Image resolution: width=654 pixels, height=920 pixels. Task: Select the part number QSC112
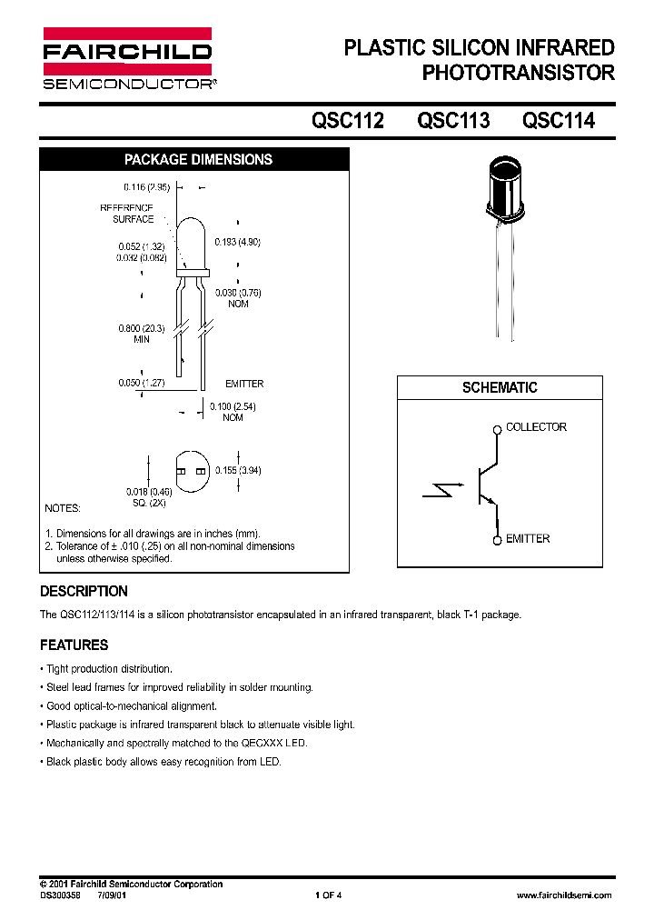pos(348,120)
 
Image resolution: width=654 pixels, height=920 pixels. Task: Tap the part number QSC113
pos(453,120)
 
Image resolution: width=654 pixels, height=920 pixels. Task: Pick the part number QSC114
pos(559,120)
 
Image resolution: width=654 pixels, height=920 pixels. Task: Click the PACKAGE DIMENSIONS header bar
pos(197,159)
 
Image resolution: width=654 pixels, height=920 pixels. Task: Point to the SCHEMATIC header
pos(500,387)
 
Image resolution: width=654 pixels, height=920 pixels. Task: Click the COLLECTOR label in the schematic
pos(536,427)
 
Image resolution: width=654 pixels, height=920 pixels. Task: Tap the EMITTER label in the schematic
pos(528,539)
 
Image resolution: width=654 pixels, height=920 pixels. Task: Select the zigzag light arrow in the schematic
pos(443,492)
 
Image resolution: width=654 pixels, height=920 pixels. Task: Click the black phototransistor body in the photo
pos(506,189)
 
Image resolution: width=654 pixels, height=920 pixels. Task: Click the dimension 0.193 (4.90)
pos(237,242)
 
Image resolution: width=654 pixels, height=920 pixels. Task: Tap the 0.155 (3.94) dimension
pos(238,470)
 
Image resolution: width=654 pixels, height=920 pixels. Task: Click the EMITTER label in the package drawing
pos(244,385)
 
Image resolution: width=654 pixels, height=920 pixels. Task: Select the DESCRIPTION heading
pos(84,591)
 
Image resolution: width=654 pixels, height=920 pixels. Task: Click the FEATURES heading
pos(74,645)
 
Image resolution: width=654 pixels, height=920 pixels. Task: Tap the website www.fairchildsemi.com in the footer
pos(563,895)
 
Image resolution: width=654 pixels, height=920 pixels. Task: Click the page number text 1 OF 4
pos(328,895)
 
